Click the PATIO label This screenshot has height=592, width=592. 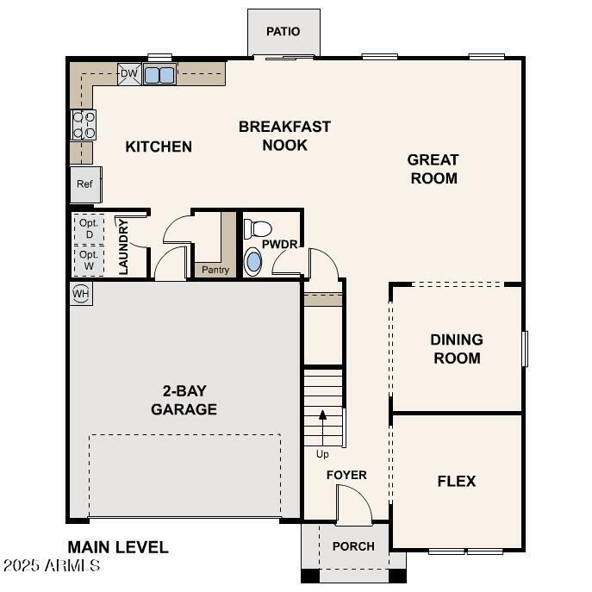pos(283,32)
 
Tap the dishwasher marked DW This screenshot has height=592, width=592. pos(128,74)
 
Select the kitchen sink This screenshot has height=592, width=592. pos(159,75)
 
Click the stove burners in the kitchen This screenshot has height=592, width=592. pos(84,125)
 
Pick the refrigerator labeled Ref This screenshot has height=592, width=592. pos(84,184)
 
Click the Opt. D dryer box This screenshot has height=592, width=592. pos(89,227)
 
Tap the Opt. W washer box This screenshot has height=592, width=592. pos(89,260)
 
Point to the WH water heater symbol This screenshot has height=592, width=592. pos(81,294)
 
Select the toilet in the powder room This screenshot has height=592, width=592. pos(257,229)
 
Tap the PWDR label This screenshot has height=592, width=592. pos(280,244)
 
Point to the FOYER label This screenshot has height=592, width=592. pos(346,475)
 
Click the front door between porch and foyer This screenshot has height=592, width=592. pos(353,506)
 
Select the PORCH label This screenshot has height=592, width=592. pos(353,546)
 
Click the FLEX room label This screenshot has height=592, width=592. pos(457,482)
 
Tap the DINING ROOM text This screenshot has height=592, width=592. pos(457,349)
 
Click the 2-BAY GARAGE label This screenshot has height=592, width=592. pos(184,400)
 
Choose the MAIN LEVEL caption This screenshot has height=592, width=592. pos(118,547)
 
